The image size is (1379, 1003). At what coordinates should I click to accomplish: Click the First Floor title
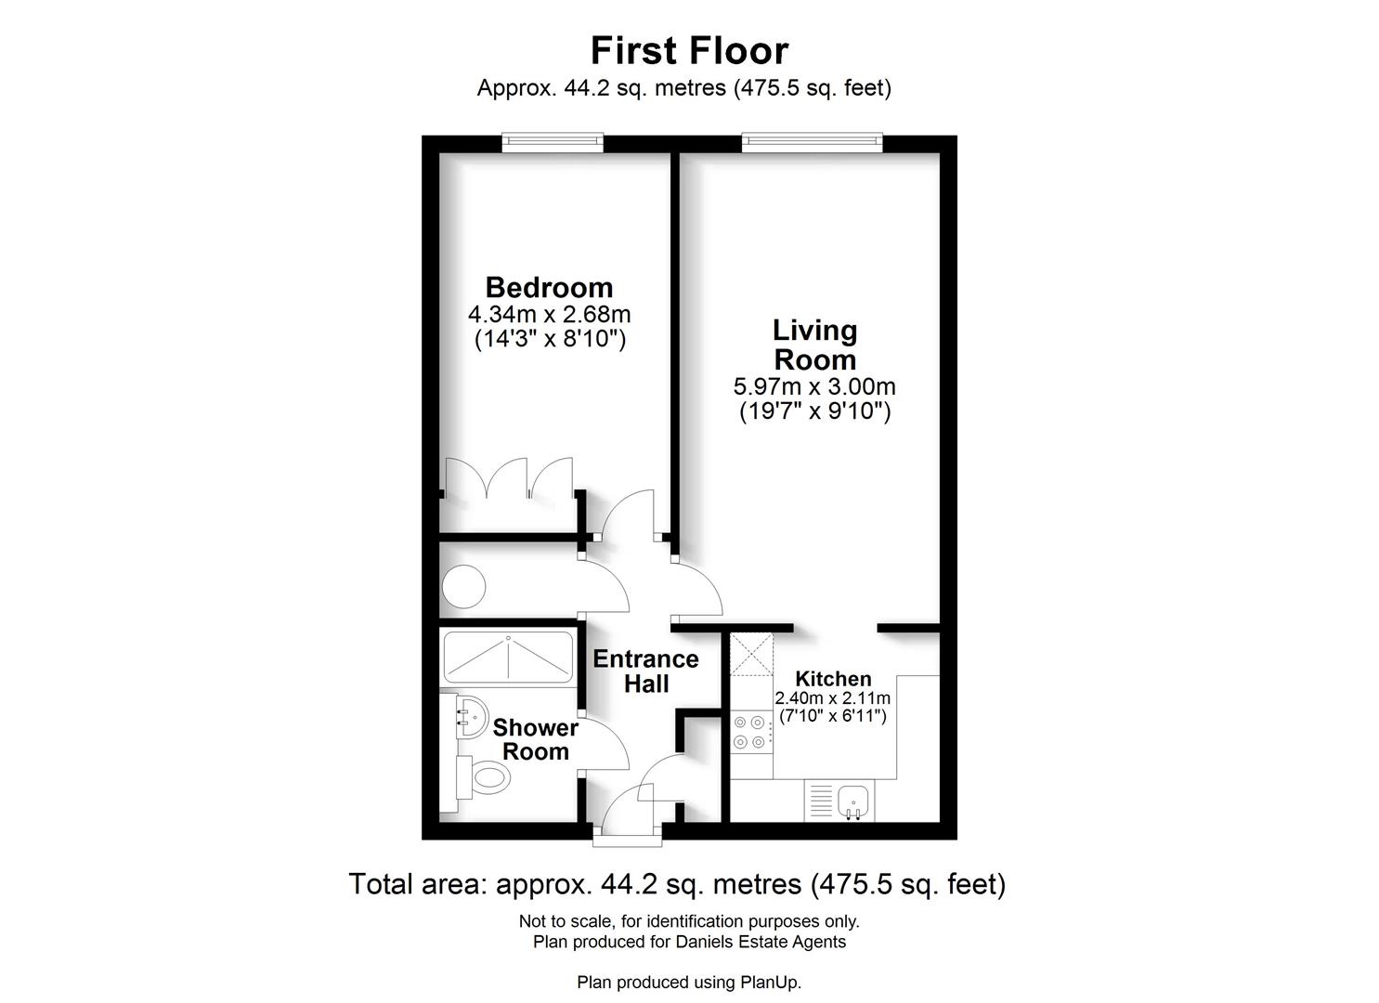tap(689, 50)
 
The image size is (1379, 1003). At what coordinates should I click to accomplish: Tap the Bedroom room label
tap(549, 288)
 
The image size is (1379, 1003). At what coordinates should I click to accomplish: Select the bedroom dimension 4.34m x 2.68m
tap(549, 315)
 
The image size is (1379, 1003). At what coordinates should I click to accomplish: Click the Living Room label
tap(814, 345)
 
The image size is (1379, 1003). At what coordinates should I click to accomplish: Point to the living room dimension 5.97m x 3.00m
tap(814, 386)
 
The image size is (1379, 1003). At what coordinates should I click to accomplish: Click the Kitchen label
tap(833, 679)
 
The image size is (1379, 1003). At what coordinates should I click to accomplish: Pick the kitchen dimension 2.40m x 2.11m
tap(832, 698)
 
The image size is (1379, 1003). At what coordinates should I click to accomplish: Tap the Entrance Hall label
tap(645, 671)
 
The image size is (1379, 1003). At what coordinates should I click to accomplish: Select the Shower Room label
tap(536, 739)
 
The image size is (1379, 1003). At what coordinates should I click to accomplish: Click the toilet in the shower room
tap(483, 777)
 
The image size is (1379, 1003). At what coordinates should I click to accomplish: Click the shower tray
tap(509, 658)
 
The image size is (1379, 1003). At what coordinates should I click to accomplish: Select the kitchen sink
tap(852, 802)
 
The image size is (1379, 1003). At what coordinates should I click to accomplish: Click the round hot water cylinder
tap(463, 587)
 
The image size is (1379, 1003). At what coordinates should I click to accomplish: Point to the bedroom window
tap(553, 142)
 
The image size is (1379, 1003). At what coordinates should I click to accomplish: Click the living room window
tap(812, 142)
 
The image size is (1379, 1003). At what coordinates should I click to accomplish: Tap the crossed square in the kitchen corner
tap(751, 654)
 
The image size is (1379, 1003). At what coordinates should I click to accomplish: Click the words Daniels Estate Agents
tap(761, 942)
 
